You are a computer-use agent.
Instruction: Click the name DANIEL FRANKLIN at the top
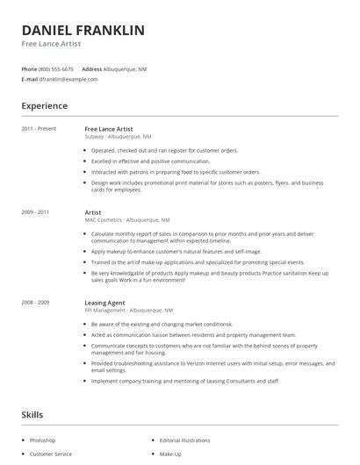click(83, 30)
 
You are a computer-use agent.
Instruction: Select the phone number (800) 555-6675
click(57, 68)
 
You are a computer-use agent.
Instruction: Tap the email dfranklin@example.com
click(68, 79)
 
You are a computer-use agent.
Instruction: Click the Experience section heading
click(44, 106)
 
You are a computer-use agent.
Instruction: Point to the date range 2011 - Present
click(39, 129)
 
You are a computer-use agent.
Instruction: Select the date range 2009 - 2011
click(35, 212)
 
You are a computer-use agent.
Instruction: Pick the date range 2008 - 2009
click(35, 303)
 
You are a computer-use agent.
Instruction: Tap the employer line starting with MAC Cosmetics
click(127, 220)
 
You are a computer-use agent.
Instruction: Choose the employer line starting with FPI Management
click(128, 311)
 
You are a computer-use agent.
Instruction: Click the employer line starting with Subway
click(118, 137)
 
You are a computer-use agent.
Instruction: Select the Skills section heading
click(32, 413)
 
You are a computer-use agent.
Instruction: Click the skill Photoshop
click(42, 440)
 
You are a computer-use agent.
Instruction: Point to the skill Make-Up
click(169, 454)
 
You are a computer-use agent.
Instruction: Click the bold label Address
click(92, 68)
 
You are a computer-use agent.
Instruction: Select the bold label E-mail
click(30, 79)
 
